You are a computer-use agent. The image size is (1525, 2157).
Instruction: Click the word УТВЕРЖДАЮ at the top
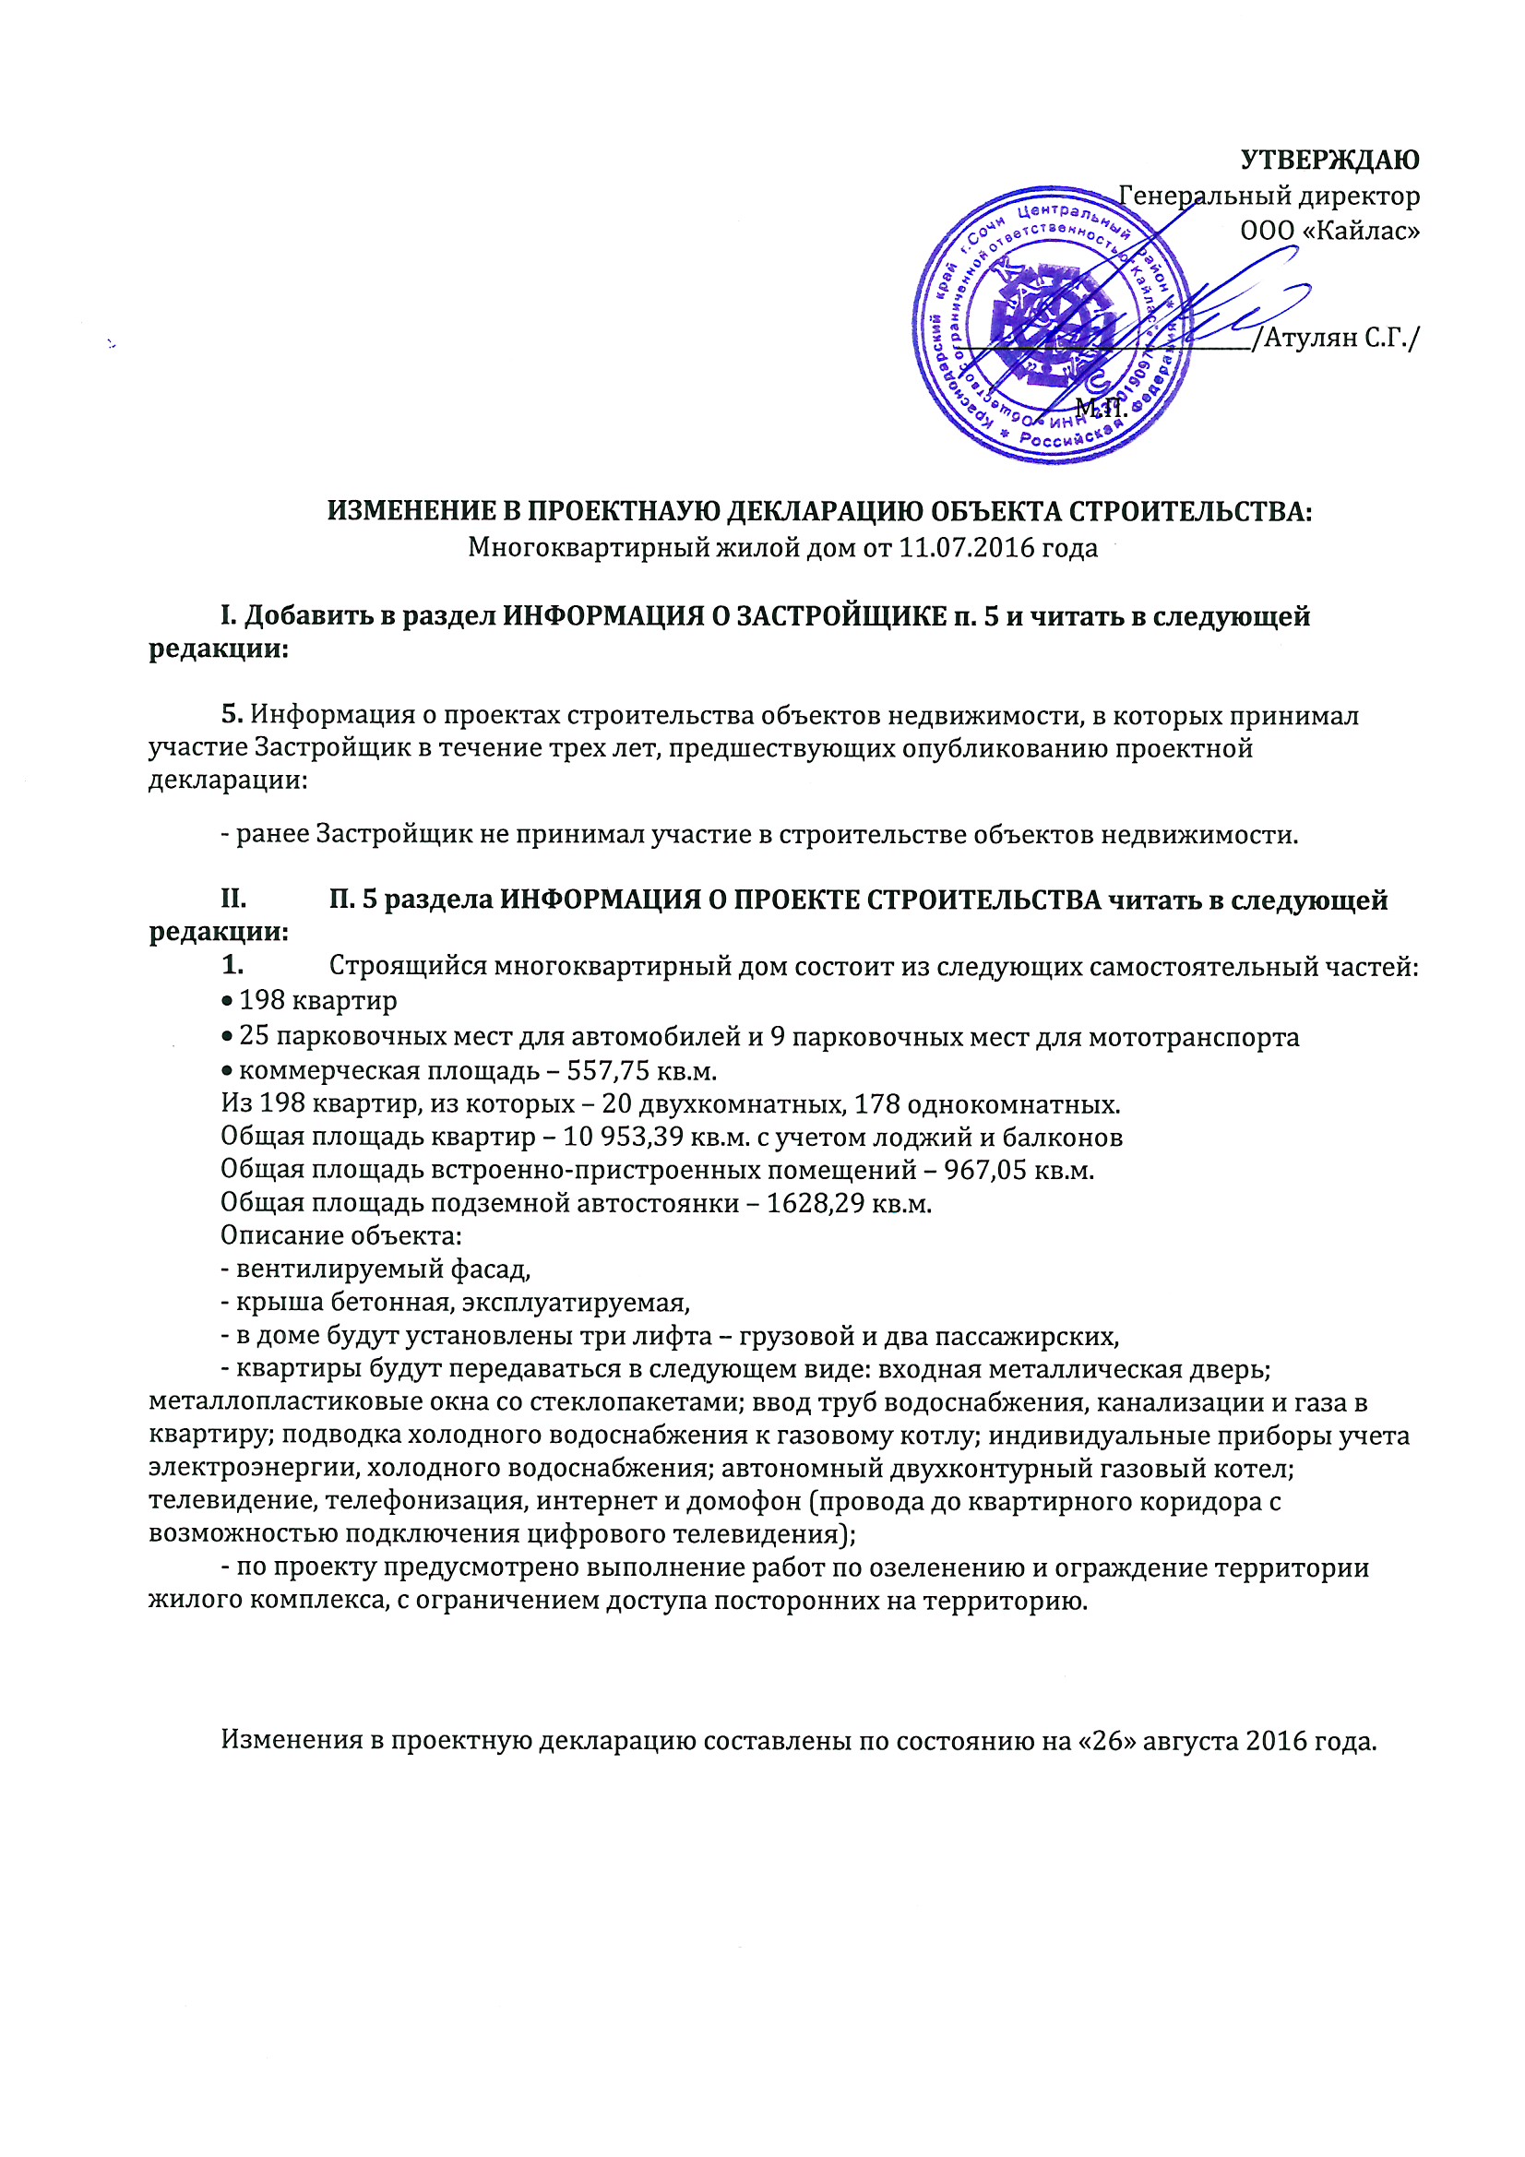[x=1329, y=161]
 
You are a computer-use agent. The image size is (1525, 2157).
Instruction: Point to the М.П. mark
[x=1101, y=408]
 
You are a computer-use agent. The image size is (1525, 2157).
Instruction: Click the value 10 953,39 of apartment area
[x=624, y=1138]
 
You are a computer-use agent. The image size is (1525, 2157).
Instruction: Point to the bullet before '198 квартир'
[x=226, y=1003]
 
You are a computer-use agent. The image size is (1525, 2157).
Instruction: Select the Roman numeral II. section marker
[x=233, y=900]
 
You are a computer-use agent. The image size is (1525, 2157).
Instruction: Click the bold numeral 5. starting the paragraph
[x=232, y=715]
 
